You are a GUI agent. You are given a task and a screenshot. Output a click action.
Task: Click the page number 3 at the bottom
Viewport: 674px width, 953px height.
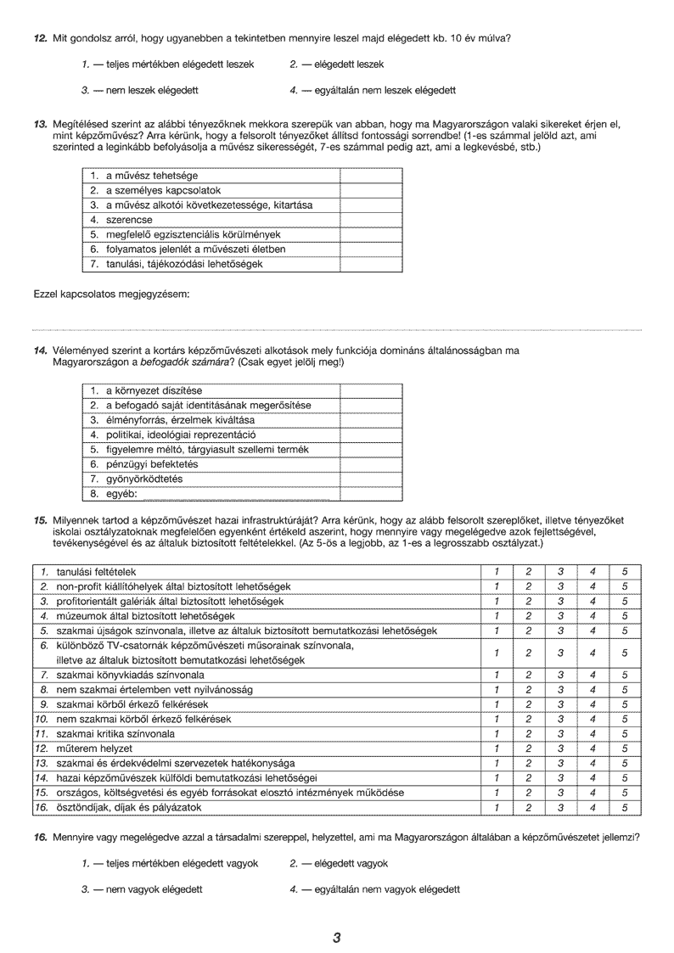[337, 938]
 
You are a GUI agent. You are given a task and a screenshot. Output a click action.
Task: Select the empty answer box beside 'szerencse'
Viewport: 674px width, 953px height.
[371, 220]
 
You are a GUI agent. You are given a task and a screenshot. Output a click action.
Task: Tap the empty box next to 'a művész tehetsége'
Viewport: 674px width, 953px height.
[371, 176]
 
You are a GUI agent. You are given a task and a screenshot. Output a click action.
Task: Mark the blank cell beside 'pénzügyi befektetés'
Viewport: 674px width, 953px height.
[371, 464]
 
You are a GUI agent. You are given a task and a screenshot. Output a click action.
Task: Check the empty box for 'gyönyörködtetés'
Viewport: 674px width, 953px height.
[371, 479]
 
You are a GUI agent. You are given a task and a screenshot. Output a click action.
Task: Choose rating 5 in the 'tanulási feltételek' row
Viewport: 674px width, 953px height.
[624, 572]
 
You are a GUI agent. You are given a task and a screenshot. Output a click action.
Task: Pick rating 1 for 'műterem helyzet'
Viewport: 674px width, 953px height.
[497, 748]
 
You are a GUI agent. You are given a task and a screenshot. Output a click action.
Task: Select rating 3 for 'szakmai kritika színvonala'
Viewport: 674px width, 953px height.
[560, 733]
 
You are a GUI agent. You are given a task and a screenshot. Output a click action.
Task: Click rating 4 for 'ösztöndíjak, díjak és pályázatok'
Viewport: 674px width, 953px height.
[593, 807]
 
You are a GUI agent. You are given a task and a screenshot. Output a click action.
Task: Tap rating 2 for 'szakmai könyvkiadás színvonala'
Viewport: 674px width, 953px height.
[528, 675]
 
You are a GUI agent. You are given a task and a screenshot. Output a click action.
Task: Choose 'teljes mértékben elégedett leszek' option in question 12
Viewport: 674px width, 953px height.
[174, 64]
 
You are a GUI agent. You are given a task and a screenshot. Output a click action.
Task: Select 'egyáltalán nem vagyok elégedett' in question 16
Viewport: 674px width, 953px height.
[374, 889]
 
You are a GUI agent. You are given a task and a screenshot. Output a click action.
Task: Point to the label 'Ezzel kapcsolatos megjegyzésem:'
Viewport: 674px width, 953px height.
[110, 294]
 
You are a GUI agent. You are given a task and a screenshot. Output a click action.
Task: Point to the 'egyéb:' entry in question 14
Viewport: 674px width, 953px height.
[121, 494]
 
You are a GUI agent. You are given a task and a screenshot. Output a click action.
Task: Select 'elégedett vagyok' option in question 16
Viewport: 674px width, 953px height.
[339, 863]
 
